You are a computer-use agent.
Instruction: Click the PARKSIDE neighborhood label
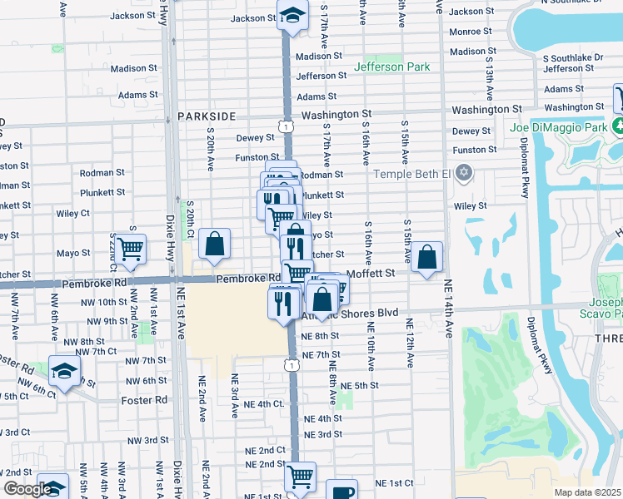pos(207,117)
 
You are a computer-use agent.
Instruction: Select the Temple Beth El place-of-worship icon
pos(464,174)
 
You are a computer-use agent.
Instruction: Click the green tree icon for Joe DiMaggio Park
pos(617,126)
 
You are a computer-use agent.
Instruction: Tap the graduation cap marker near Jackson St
pos(292,16)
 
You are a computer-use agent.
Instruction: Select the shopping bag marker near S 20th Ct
pos(214,244)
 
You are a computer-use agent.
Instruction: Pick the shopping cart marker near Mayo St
pos(131,248)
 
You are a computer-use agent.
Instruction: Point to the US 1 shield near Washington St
pos(287,126)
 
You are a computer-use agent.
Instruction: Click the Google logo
pos(27,490)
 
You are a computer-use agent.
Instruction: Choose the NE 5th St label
pos(360,386)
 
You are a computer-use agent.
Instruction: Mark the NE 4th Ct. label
pos(265,403)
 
